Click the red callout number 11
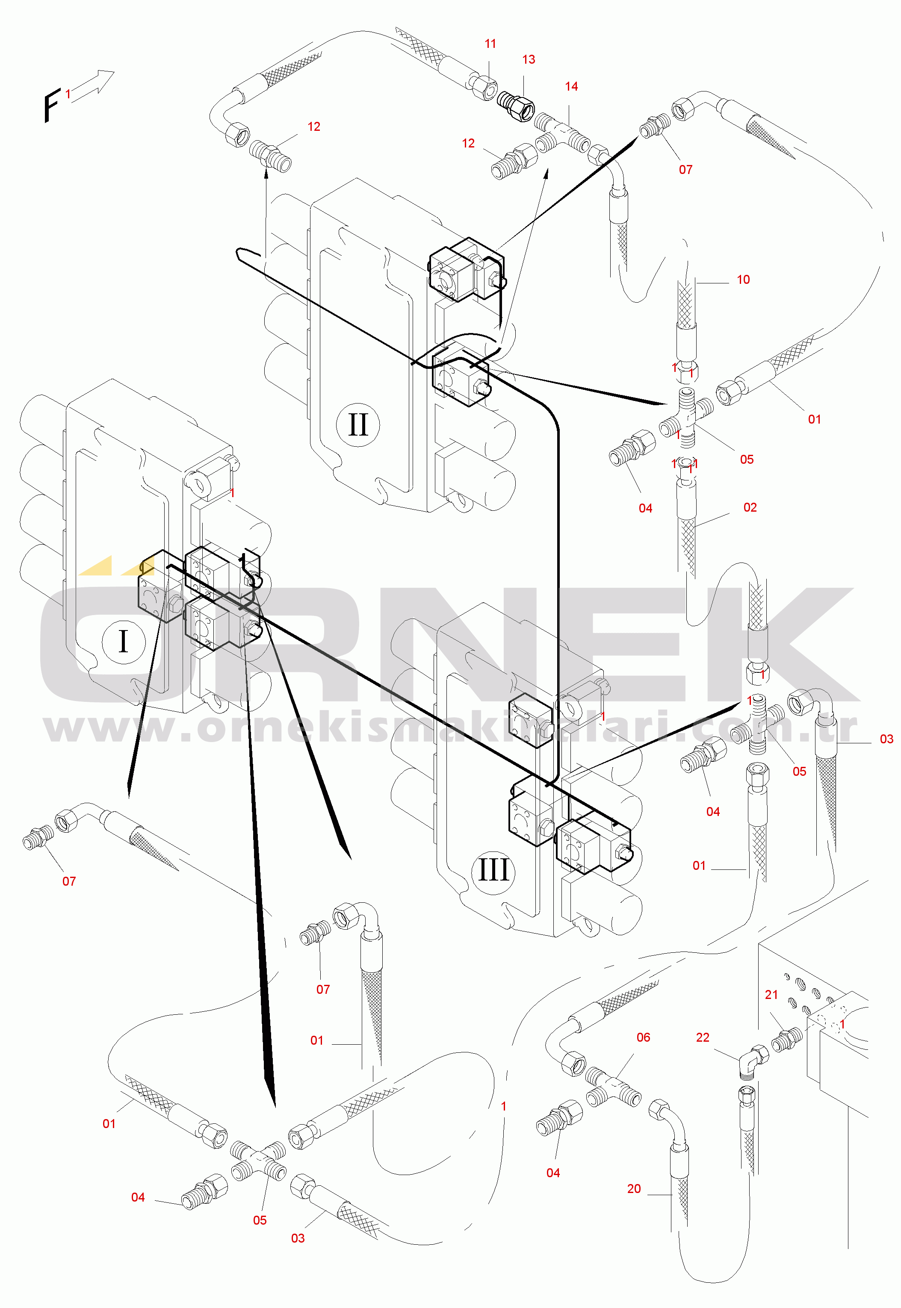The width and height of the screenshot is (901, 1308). coord(490,44)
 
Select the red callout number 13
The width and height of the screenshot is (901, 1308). coord(529,59)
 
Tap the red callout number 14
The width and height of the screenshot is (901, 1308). coord(571,86)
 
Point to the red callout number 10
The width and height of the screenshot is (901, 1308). coord(743,279)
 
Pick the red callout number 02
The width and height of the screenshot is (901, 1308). coord(750,507)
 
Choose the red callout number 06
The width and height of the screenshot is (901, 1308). coord(643,1037)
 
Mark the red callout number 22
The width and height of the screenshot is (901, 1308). coord(702,1037)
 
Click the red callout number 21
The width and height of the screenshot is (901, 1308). coord(771,995)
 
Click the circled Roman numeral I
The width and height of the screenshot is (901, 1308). coord(124,641)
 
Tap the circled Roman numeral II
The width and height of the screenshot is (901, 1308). coord(358,425)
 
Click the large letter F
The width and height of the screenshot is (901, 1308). coord(51,106)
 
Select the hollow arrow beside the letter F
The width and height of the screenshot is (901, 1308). coord(93,86)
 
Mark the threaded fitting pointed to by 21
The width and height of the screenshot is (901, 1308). coord(786,1040)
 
